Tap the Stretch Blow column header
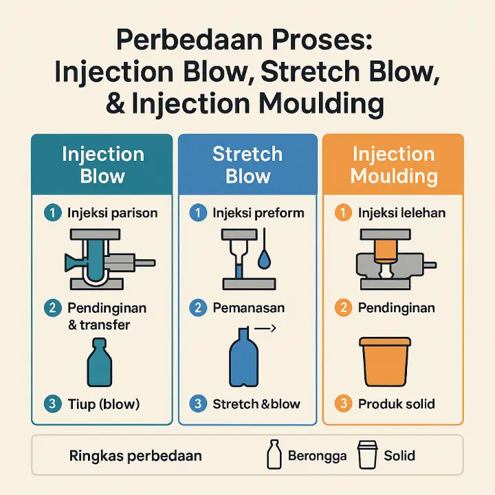pyautogui.click(x=247, y=164)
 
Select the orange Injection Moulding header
pyautogui.click(x=393, y=164)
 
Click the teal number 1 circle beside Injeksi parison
pyautogui.click(x=53, y=212)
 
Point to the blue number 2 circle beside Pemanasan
pyautogui.click(x=198, y=308)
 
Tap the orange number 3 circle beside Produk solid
pyautogui.click(x=344, y=404)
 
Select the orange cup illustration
pyautogui.click(x=385, y=362)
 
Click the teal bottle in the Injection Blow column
pyautogui.click(x=100, y=362)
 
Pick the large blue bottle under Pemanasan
pyautogui.click(x=243, y=357)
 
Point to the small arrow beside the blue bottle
pyautogui.click(x=265, y=329)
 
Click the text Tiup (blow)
pyautogui.click(x=104, y=404)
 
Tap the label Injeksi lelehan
pyautogui.click(x=401, y=212)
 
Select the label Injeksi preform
pyautogui.click(x=258, y=213)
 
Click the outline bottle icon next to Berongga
pyautogui.click(x=274, y=454)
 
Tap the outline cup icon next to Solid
pyautogui.click(x=367, y=455)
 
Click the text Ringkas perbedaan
pyautogui.click(x=135, y=456)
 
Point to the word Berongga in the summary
pyautogui.click(x=317, y=456)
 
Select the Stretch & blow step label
pyautogui.click(x=256, y=404)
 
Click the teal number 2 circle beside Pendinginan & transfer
pyautogui.click(x=53, y=308)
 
